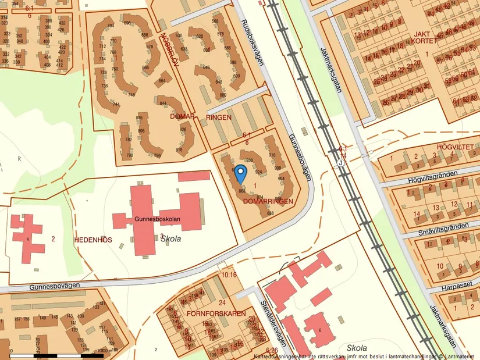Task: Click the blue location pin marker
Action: point(240,173)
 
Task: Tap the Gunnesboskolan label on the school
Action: point(157,219)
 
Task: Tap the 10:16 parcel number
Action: point(229,274)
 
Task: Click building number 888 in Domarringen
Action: point(270,213)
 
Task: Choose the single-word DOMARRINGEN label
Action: point(268,201)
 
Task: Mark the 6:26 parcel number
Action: point(271,350)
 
